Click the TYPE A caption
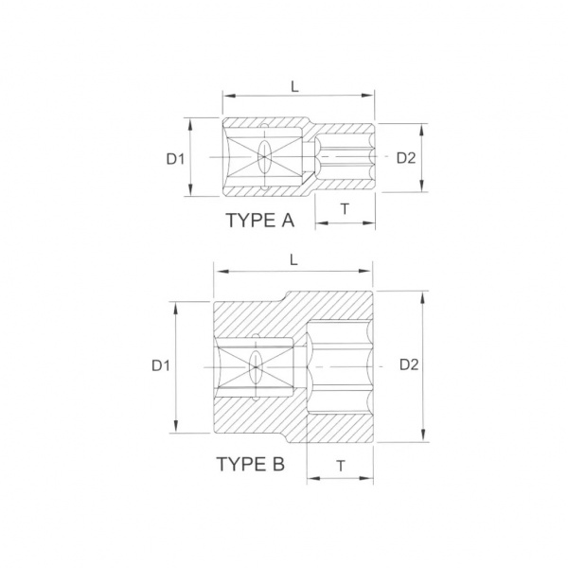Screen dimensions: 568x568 259,220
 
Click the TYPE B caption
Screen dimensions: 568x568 250,464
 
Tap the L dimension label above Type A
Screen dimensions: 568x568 294,86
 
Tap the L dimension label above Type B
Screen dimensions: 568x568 293,259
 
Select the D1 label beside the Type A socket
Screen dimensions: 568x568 175,159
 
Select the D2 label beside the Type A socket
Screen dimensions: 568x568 406,158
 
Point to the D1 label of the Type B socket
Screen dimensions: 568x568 161,365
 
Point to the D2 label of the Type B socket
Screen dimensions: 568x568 409,364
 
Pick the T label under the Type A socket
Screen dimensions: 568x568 346,208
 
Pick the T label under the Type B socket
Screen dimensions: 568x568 341,466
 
